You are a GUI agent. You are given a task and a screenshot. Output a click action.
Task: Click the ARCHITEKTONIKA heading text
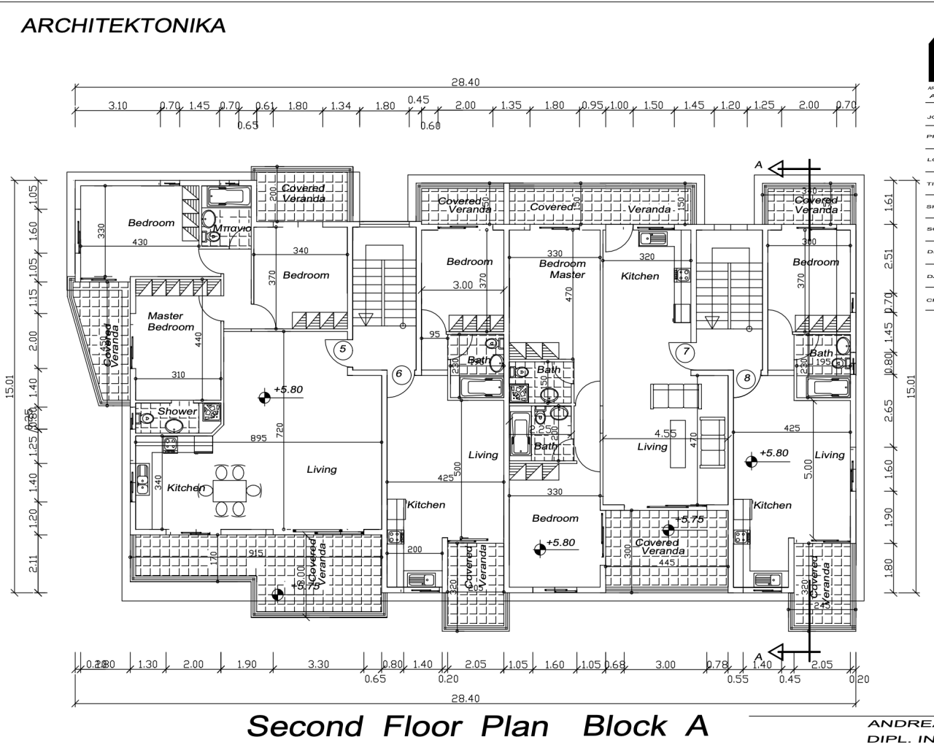coord(123,26)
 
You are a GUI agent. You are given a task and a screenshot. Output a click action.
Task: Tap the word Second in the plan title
coord(304,726)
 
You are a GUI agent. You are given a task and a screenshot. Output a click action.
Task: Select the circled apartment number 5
coord(342,350)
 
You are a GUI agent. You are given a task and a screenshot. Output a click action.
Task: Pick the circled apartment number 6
coord(398,374)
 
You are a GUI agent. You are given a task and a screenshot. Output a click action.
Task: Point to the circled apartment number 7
coord(686,352)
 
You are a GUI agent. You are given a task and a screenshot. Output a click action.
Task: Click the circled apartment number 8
coord(746,378)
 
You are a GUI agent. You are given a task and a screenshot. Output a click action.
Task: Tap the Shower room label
coord(177,412)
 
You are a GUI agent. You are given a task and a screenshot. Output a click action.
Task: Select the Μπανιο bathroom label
coord(231,228)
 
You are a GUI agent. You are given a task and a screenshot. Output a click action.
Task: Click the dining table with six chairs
coord(230,490)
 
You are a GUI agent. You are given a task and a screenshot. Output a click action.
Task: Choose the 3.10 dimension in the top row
coord(117,106)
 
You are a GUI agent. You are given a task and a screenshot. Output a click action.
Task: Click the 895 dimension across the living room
coord(258,438)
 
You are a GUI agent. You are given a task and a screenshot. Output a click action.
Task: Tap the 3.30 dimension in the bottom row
coord(318,665)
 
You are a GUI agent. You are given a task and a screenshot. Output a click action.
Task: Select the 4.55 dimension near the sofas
coord(665,433)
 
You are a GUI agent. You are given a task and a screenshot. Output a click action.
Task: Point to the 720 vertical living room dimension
coord(279,430)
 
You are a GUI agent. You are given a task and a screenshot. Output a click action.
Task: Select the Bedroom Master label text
coord(563,269)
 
